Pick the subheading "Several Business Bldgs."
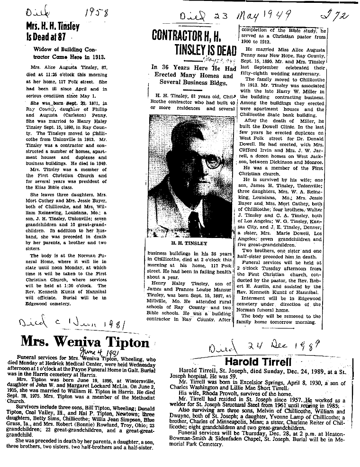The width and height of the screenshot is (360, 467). click(x=194, y=84)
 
